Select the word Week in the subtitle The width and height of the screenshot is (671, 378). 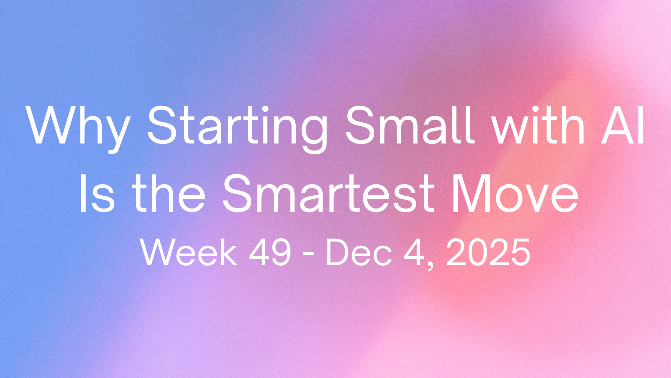pos(189,253)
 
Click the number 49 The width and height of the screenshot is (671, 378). pos(270,253)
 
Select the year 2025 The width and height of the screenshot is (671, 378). pos(488,253)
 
